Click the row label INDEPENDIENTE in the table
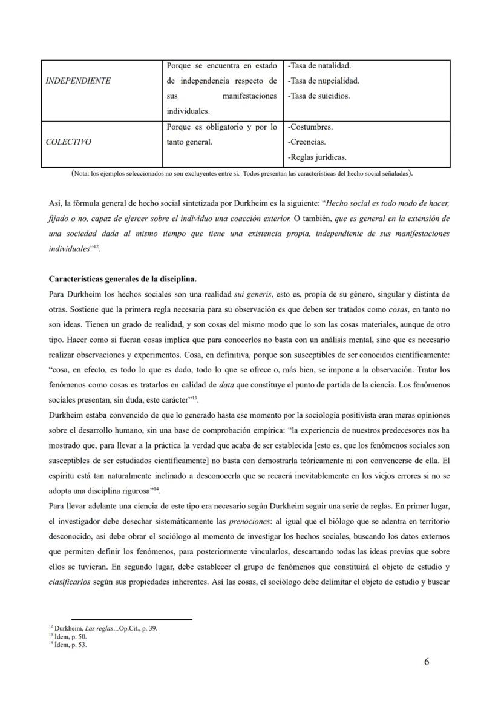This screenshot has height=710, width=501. [x=79, y=81]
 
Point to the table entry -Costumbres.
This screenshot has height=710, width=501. [x=311, y=127]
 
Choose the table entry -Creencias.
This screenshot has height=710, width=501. [x=307, y=142]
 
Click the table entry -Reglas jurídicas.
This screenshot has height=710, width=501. [x=318, y=157]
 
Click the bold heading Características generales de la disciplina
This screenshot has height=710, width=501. [x=122, y=280]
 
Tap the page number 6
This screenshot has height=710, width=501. [x=427, y=662]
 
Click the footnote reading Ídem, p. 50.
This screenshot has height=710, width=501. [x=68, y=637]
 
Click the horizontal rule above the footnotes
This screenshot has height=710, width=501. [x=131, y=619]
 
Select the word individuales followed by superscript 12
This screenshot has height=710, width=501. [x=68, y=249]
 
